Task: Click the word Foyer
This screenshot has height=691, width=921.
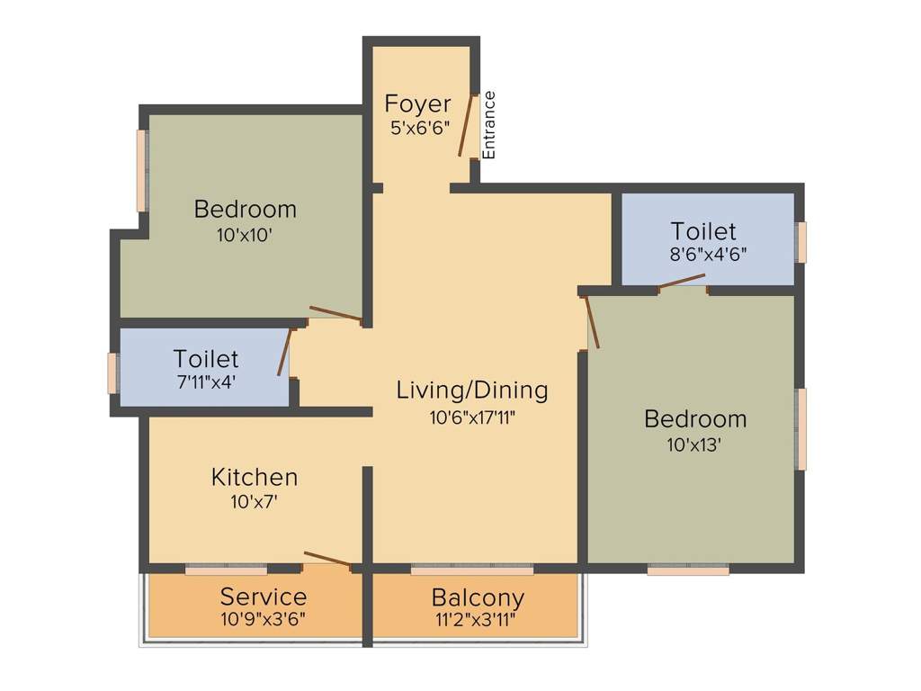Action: coord(417,103)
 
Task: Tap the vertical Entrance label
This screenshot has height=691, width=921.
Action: coord(489,125)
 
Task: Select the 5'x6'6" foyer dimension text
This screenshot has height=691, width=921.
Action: coord(419,129)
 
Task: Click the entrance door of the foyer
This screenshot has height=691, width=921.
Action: coord(466,125)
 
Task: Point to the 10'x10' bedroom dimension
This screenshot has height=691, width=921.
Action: coord(244,235)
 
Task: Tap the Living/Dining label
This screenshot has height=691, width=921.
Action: coord(472,390)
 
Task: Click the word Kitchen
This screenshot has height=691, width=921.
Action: coord(255,476)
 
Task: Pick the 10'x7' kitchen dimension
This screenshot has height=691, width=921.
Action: coord(254,501)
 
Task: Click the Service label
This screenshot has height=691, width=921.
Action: coord(264,597)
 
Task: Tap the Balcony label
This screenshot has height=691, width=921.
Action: coord(478,597)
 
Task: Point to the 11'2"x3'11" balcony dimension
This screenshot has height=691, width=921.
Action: coord(478,620)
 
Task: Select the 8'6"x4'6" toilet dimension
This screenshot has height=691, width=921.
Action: coord(708,255)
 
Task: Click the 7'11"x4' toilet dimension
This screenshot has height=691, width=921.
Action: coord(206,382)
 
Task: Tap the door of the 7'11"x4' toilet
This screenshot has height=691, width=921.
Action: coord(285,352)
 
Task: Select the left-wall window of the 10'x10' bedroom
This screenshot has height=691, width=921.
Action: coord(141,171)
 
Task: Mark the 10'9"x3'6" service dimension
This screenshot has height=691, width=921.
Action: coord(264,620)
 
